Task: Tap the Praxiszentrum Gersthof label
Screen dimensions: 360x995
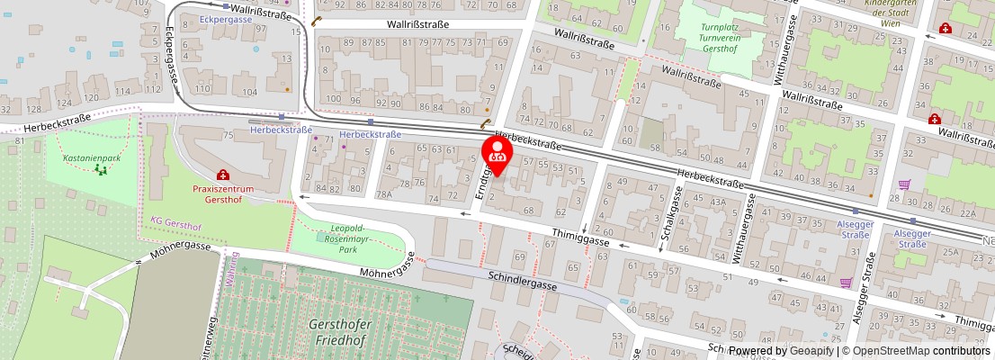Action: [x=224, y=193]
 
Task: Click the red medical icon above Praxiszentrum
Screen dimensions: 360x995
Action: [x=222, y=175]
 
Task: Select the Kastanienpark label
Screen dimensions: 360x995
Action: [x=92, y=157]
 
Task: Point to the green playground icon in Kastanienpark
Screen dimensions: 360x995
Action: [x=100, y=168]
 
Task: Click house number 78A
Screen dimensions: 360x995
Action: [x=384, y=193]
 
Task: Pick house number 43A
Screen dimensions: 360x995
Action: [x=718, y=201]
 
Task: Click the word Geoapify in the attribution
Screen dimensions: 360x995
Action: [x=809, y=351]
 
